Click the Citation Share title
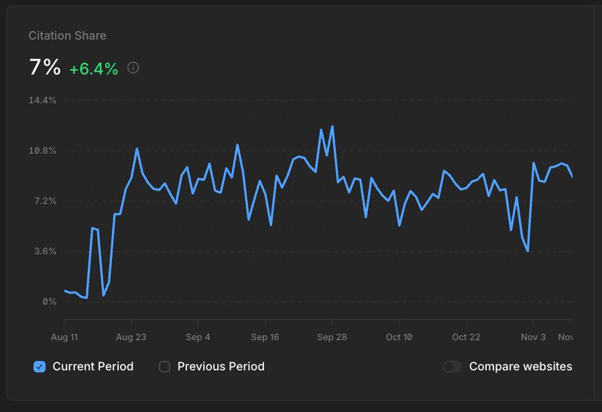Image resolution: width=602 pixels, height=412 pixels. click(x=67, y=36)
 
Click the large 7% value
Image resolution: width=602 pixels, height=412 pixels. click(x=45, y=67)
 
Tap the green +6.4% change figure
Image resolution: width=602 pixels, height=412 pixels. click(x=94, y=68)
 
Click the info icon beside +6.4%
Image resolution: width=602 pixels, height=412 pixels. click(x=133, y=68)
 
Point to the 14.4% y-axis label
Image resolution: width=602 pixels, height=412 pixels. click(x=42, y=100)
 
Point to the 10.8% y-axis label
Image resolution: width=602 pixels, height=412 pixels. click(x=42, y=150)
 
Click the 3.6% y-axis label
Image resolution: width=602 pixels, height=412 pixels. click(x=44, y=252)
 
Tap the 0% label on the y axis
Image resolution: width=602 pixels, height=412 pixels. click(x=49, y=302)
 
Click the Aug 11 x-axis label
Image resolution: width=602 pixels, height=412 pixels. click(x=65, y=337)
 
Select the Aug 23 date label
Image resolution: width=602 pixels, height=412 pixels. click(x=131, y=337)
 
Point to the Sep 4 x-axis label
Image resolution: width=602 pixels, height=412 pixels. click(x=198, y=337)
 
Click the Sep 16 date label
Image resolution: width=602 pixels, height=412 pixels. click(x=265, y=337)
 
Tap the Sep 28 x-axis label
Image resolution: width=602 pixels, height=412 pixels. click(x=332, y=337)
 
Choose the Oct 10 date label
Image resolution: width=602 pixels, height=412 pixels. click(x=399, y=337)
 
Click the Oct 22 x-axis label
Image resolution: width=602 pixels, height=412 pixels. click(x=466, y=337)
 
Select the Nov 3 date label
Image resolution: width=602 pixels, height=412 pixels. click(x=533, y=337)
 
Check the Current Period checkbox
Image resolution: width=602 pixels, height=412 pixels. click(x=40, y=366)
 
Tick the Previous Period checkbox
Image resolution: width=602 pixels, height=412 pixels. click(x=164, y=366)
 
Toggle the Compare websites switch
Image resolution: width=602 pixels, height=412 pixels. click(x=453, y=366)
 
